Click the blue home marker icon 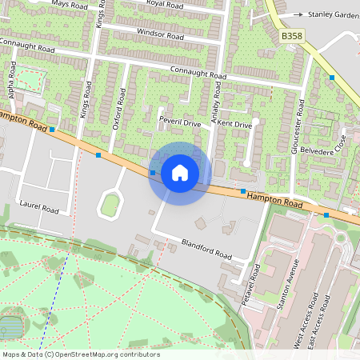coord(180,173)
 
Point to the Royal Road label coord(165,4)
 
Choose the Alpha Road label coord(12,79)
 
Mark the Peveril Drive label coord(180,124)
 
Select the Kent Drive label coord(235,125)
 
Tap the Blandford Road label coord(206,250)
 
